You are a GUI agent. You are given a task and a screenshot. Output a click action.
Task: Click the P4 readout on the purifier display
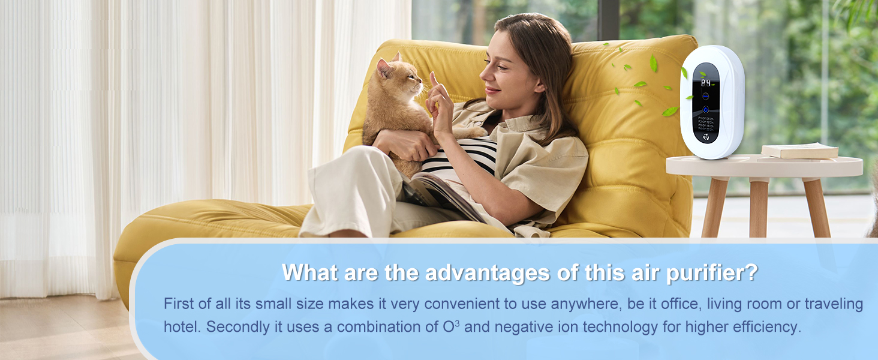(706, 83)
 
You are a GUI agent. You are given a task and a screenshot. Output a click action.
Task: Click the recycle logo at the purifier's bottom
(706, 137)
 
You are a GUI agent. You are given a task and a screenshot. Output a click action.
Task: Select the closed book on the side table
(799, 151)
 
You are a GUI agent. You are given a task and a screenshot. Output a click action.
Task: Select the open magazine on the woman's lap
(441, 195)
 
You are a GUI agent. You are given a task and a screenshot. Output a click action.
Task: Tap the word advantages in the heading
(487, 273)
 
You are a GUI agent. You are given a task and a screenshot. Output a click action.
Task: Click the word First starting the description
(178, 304)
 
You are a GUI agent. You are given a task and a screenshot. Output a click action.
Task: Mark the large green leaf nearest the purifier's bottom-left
(669, 111)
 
